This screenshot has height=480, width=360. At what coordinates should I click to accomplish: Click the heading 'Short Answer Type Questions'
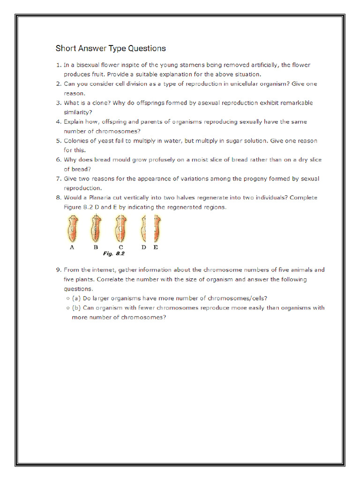(x=111, y=48)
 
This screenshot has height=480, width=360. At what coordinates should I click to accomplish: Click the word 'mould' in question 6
(x=122, y=160)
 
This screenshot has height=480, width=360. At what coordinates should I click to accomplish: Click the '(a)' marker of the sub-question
(x=76, y=299)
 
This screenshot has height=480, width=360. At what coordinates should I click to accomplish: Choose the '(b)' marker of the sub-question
(x=76, y=308)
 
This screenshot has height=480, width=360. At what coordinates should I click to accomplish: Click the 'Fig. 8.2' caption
(x=113, y=254)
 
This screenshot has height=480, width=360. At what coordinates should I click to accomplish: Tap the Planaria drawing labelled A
(x=72, y=228)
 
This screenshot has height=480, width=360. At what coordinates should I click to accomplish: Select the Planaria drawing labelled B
(x=96, y=228)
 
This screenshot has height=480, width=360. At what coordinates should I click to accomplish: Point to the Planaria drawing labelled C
(x=120, y=228)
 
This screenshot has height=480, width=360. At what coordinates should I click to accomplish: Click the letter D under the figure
(x=143, y=247)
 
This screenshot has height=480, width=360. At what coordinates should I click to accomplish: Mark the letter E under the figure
(x=156, y=247)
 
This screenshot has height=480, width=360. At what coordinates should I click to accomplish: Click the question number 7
(x=58, y=179)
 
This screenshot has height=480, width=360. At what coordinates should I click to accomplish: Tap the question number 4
(x=58, y=122)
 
